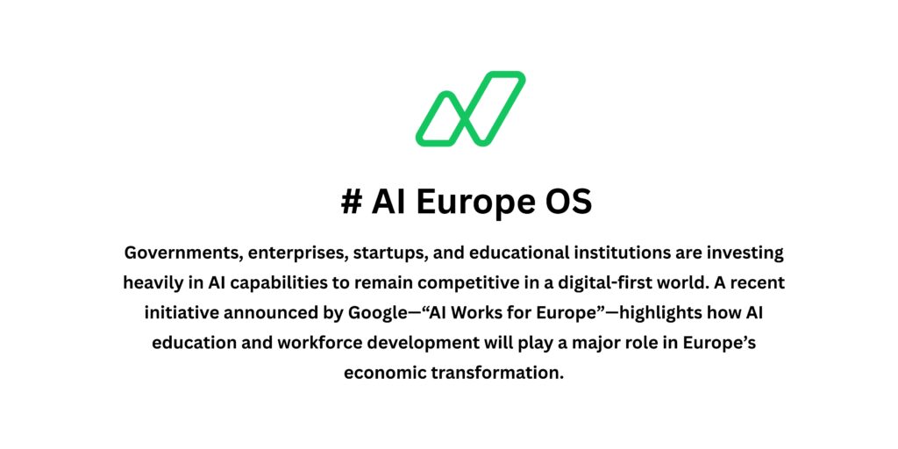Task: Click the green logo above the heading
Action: tap(470, 109)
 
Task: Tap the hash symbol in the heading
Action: tap(352, 203)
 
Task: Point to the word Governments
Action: tap(182, 253)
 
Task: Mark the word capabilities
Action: tap(277, 283)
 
